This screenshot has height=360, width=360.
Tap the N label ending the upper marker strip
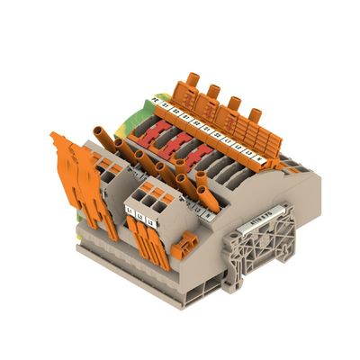(260, 157)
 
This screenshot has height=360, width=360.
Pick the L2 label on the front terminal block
(139, 213)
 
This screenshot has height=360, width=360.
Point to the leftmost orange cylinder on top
(193, 86)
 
